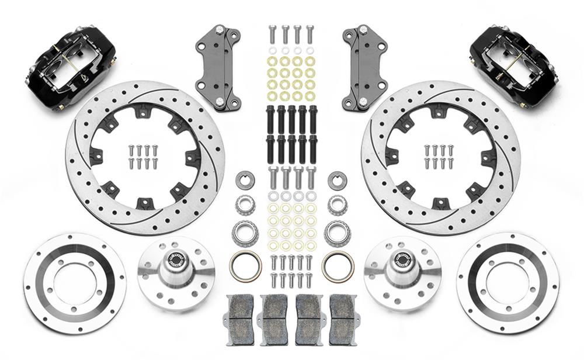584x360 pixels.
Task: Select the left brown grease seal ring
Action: click(245, 266)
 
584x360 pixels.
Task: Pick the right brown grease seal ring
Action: click(338, 266)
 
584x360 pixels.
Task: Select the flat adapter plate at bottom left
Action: click(75, 283)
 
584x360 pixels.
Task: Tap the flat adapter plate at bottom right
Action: click(507, 283)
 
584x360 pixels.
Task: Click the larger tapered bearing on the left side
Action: click(245, 233)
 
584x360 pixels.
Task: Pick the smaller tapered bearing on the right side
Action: click(337, 205)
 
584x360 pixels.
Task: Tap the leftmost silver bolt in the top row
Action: click(272, 33)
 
